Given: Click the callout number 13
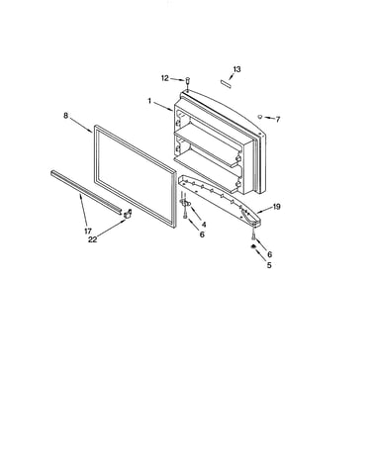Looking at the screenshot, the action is (236, 69).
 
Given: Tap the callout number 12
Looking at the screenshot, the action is (165, 78).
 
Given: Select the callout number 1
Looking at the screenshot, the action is (149, 101).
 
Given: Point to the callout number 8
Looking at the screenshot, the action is (65, 116).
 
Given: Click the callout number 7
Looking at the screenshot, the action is (278, 120).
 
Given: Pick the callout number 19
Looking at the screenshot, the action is (276, 207).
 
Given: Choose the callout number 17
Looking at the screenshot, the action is (88, 232).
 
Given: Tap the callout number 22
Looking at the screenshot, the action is (93, 239).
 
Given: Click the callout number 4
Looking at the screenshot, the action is (204, 225).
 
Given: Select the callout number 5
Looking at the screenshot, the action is (269, 265).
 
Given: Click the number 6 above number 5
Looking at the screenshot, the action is (269, 254).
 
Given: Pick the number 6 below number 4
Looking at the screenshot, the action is (202, 235).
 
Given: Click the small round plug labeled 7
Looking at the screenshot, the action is (260, 117).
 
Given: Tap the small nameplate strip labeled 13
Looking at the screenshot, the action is (226, 82).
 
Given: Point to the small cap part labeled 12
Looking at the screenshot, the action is (188, 80).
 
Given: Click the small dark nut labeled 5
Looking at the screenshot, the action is (253, 246).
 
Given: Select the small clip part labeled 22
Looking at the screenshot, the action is (128, 214).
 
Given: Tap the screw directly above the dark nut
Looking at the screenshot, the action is (253, 235).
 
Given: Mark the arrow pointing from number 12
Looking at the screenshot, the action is (177, 79).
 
